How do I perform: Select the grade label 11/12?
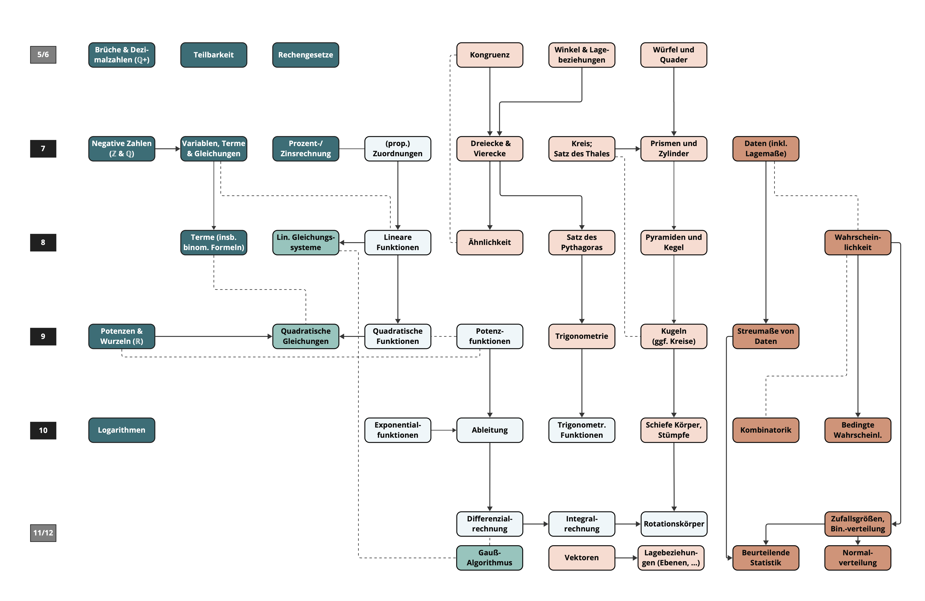[x=43, y=533]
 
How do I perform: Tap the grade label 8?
[x=43, y=242]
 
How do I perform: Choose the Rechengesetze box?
[x=305, y=55]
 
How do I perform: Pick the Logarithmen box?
[x=122, y=430]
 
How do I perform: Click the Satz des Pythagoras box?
[x=581, y=242]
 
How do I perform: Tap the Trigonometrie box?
[x=581, y=336]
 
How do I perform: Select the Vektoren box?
[x=581, y=557]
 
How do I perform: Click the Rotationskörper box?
[x=673, y=524]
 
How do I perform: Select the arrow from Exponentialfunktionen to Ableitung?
[x=443, y=430]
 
